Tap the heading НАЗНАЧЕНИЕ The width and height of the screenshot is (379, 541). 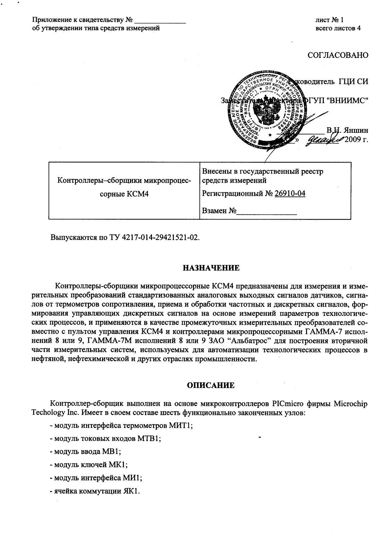(211, 268)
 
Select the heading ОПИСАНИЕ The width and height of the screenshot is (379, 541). (211, 385)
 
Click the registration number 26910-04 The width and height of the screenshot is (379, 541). (290, 194)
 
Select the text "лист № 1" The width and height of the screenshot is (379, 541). (329, 20)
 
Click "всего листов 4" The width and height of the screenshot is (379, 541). (338, 28)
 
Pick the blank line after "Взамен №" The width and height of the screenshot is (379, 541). (267, 211)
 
